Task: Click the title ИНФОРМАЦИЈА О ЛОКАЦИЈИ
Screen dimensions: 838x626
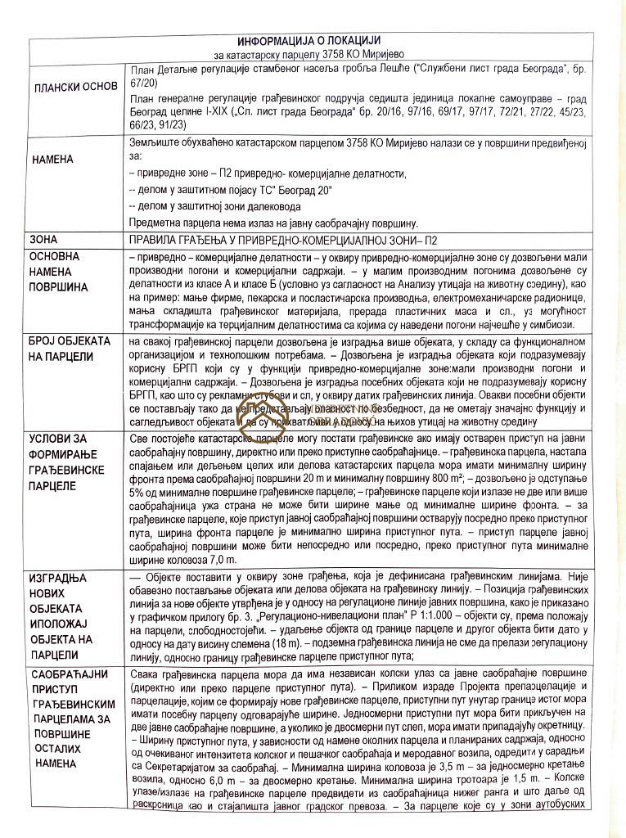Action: [x=308, y=41]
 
